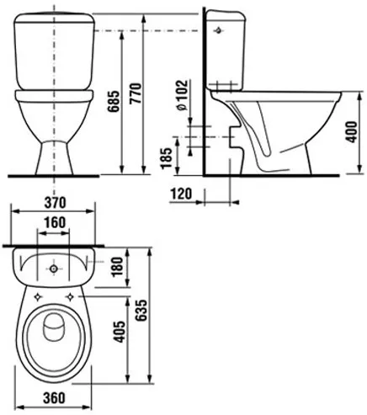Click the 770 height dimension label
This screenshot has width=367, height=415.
(135, 93)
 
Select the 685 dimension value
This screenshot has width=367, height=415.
(114, 102)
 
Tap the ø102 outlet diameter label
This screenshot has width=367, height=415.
(182, 96)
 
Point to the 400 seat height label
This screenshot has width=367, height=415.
(352, 132)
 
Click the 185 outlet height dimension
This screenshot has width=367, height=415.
(166, 157)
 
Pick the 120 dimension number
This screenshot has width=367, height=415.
(182, 194)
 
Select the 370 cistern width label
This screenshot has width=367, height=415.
(55, 203)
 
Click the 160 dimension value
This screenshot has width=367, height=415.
(54, 223)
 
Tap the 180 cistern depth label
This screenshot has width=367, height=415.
(117, 268)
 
